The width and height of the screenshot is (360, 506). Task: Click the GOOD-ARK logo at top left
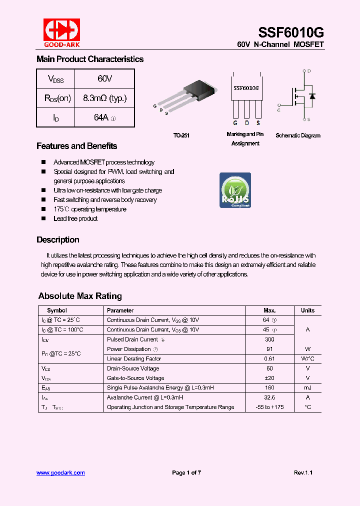point(61,33)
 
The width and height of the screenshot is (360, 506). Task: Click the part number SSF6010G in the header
point(290,33)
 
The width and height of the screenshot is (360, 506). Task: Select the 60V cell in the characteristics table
point(104,78)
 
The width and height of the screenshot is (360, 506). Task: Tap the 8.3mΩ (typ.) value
point(104,98)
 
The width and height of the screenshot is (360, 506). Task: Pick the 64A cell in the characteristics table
point(104,117)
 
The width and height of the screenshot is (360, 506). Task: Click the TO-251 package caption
point(181,135)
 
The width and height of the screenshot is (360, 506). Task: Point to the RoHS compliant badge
point(235,190)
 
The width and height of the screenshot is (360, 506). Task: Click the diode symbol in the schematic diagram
point(312,96)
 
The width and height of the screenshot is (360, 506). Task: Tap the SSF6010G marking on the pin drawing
point(246,87)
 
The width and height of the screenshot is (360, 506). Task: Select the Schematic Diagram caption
point(298,135)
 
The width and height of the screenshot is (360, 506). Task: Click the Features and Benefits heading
point(76,146)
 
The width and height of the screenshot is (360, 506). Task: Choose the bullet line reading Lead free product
point(75,218)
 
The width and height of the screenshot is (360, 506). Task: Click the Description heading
point(58,239)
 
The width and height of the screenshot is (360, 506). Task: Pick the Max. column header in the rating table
point(269,310)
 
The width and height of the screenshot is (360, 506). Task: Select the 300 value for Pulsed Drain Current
point(269,339)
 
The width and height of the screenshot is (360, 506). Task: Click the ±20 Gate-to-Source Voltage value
point(269,378)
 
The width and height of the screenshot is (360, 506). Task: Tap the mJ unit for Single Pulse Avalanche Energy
point(307,388)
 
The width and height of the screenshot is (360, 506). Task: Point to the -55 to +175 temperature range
point(269,407)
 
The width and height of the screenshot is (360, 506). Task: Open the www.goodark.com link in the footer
point(60,472)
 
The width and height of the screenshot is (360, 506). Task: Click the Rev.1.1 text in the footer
point(303,472)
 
